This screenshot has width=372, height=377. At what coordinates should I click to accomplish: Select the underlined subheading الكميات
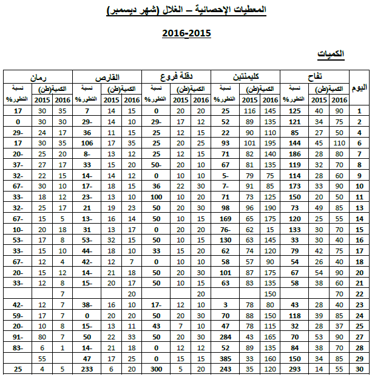(331, 55)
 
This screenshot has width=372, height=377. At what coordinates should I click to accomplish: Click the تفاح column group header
(315, 76)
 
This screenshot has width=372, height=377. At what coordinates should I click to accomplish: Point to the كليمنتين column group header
(246, 76)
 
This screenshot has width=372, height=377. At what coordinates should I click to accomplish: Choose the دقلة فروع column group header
(176, 76)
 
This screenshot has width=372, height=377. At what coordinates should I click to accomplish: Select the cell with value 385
(225, 359)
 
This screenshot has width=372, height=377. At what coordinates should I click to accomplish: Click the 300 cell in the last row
(155, 369)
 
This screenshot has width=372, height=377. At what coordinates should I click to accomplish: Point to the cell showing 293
(296, 369)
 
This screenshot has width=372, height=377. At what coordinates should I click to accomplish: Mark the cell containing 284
(225, 337)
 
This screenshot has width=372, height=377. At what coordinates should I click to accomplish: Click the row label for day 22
(359, 294)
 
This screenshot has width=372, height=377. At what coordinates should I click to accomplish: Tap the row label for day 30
(359, 369)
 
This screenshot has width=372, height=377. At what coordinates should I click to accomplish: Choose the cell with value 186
(296, 154)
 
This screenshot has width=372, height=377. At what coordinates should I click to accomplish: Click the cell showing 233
(86, 369)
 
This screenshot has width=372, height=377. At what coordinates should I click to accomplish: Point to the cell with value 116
(248, 111)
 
